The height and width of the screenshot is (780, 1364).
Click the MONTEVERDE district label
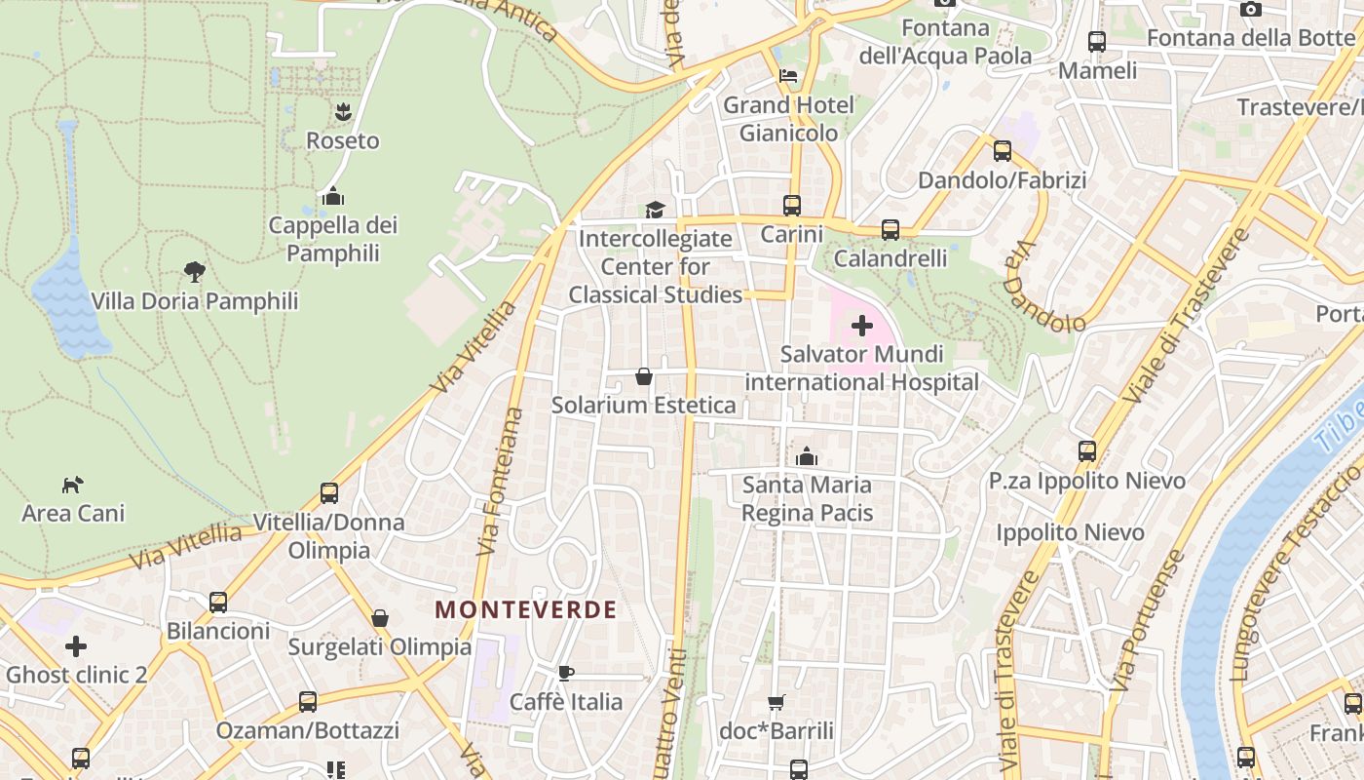(525, 610)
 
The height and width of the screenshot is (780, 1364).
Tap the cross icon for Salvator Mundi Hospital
(862, 326)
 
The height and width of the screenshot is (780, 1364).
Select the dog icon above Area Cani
(73, 485)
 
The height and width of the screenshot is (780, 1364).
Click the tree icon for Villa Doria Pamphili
(195, 272)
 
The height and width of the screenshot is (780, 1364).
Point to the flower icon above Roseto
(342, 112)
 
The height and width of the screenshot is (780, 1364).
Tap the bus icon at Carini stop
(792, 206)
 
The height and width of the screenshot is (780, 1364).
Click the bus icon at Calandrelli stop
(890, 230)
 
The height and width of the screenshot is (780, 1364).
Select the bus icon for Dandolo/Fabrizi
(1003, 152)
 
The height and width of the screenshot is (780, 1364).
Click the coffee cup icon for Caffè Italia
(566, 673)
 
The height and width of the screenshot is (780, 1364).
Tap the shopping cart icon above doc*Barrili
(777, 702)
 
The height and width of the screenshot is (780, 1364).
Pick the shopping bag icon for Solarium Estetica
(644, 376)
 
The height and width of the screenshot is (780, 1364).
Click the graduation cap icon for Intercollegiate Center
(655, 210)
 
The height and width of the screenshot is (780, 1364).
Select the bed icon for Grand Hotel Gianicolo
(788, 76)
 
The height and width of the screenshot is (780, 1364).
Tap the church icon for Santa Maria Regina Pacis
(807, 456)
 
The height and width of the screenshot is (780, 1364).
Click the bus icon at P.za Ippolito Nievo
(1087, 451)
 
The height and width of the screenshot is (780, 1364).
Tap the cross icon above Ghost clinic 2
(76, 646)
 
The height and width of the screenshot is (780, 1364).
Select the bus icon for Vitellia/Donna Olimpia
(329, 493)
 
